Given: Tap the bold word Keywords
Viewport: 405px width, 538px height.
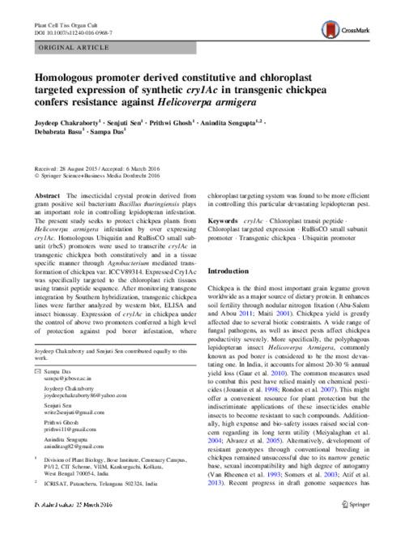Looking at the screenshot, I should click(x=225, y=220).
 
